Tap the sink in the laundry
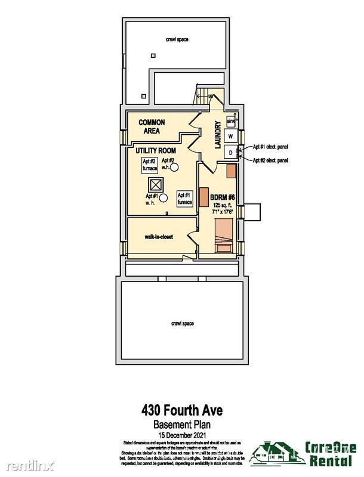pos(231,122)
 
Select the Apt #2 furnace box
pos(149,163)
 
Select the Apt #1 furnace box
pos(184,198)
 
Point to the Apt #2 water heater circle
pos(176,169)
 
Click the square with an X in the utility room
pos(156,185)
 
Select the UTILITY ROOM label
pos(155,150)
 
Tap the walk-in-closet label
pos(159,237)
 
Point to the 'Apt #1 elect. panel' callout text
pos(270,147)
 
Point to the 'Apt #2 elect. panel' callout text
pos(270,160)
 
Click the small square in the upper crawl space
pos(153,55)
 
